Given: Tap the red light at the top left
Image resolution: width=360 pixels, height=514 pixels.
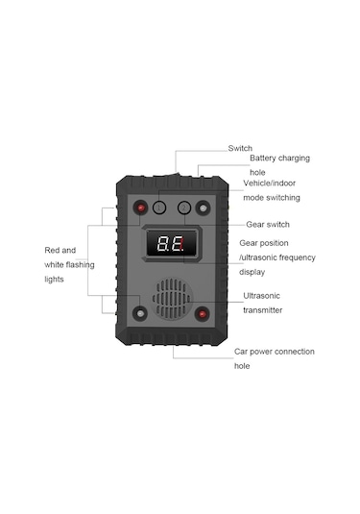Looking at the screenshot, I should (141, 207).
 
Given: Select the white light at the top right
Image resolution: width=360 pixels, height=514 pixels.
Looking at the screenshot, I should (203, 207).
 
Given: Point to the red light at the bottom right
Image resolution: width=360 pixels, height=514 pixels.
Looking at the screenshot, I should (203, 313).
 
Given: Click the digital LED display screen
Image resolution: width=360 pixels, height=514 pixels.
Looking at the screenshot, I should (172, 246).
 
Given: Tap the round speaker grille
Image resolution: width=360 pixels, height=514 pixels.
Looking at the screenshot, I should (172, 296).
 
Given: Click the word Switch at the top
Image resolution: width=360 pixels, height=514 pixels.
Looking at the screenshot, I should (240, 148).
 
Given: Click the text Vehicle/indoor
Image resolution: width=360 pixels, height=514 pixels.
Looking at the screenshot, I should (272, 183).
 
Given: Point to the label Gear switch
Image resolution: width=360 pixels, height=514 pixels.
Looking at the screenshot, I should (268, 223).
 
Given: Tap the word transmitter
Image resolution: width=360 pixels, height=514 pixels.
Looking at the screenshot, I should (262, 310).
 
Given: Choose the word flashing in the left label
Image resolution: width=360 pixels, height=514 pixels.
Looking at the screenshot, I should (80, 264).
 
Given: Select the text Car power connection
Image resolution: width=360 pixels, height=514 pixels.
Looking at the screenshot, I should (274, 352).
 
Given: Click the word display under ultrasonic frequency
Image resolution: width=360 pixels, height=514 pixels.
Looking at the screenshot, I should (253, 272).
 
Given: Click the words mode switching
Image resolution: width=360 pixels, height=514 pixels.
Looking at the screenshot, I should (272, 197).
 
